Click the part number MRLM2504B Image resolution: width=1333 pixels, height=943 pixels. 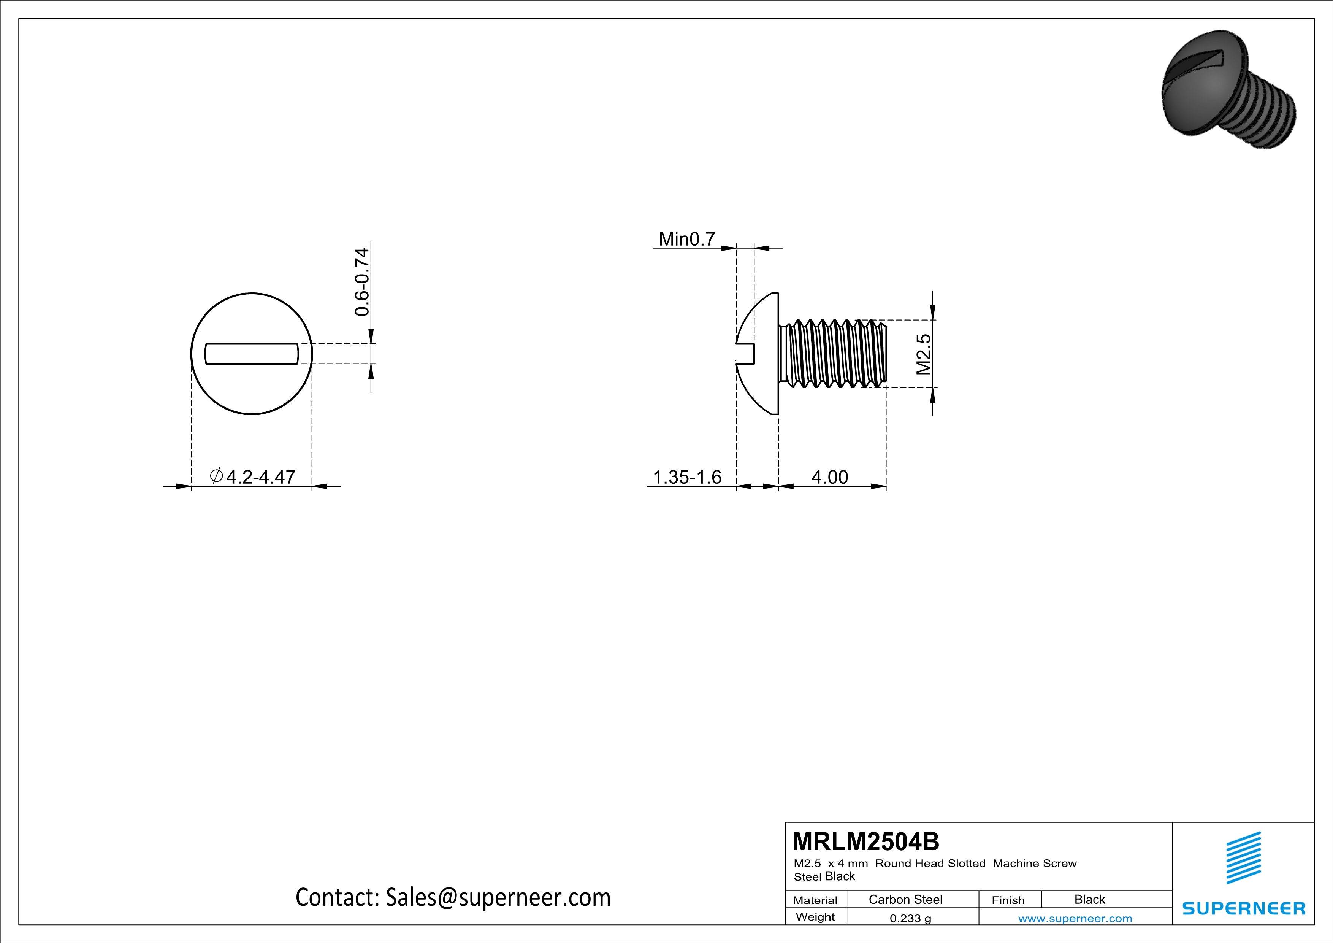[x=865, y=841]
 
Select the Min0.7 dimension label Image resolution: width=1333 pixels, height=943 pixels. [x=686, y=239]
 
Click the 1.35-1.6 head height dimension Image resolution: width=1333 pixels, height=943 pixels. [x=687, y=477]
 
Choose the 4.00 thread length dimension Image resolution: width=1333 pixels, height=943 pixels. [x=829, y=477]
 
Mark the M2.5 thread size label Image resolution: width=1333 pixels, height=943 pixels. [x=923, y=354]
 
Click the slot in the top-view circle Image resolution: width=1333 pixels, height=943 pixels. [x=252, y=354]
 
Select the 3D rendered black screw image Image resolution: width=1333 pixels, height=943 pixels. [x=1229, y=90]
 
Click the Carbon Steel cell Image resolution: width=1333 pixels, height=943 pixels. [x=905, y=899]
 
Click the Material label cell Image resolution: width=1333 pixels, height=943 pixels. [x=815, y=900]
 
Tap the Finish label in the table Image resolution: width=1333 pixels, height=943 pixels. [x=1008, y=900]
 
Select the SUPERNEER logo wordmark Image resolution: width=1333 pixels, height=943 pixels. [x=1244, y=908]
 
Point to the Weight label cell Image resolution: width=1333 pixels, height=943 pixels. [x=815, y=917]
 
